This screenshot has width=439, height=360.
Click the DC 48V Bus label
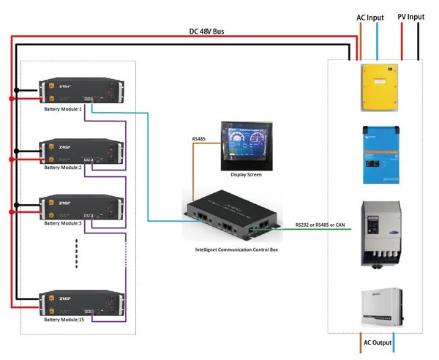pyautogui.click(x=206, y=32)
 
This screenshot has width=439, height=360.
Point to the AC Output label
pyautogui.click(x=377, y=342)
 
